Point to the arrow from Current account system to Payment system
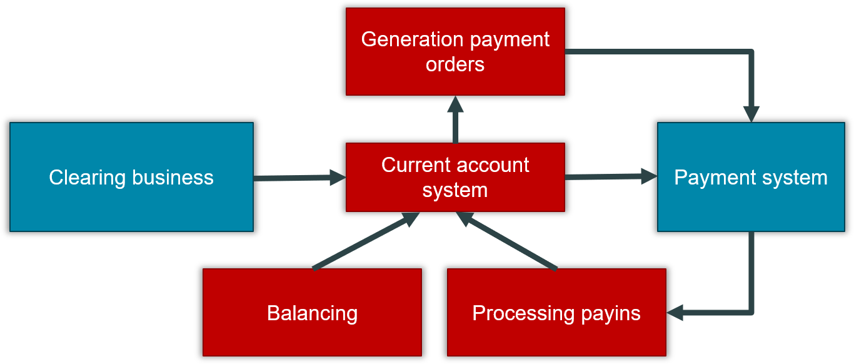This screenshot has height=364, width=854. [x=610, y=178]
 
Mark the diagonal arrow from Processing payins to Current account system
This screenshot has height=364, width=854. [x=506, y=241]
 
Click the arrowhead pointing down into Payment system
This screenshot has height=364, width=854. [x=751, y=114]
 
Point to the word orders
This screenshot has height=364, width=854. [x=455, y=64]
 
